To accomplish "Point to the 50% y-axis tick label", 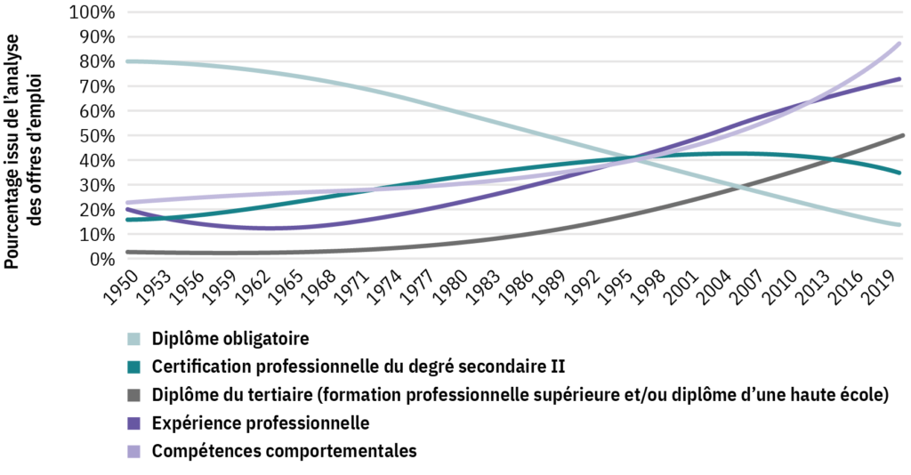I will pos(95,136).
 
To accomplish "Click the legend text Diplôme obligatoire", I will pos(230,339).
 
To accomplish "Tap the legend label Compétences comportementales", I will pos(284,450).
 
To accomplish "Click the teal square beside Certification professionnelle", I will pos(134,366).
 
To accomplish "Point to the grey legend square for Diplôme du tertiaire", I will pos(134,394).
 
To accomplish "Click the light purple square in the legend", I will pos(134,450).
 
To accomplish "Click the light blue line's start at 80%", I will pos(129,61).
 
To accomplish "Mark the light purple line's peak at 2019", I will pos(899,44).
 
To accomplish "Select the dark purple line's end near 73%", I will pos(900,79).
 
